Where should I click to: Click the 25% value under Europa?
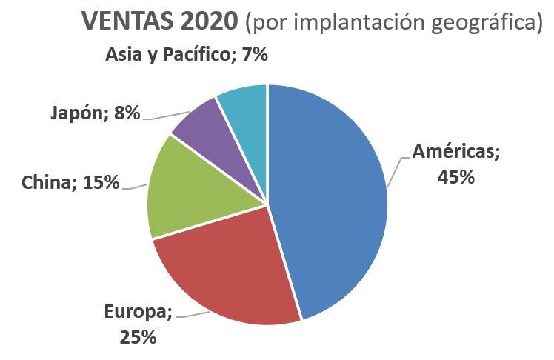coord(138,337)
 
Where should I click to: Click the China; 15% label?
coord(70,182)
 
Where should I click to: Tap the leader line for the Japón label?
coord(167,116)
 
